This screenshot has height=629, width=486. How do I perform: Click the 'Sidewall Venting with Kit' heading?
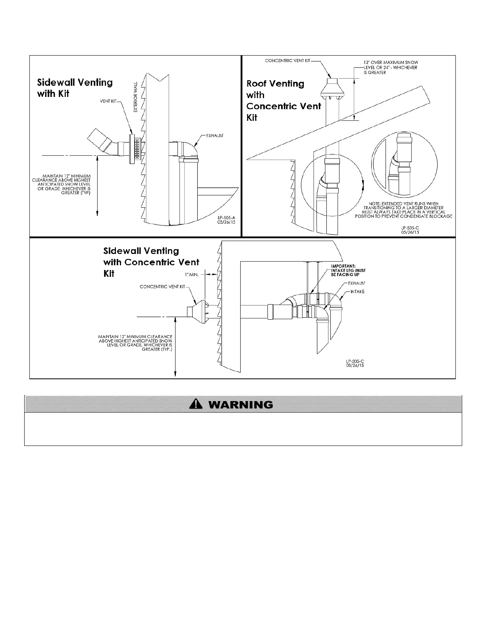(x=75, y=88)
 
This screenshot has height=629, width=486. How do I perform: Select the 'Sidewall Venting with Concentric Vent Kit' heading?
(x=151, y=262)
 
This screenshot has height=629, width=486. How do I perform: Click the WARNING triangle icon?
(x=196, y=404)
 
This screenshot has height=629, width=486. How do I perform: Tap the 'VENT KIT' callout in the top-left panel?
(x=108, y=102)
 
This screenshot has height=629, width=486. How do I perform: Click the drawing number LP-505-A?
(x=227, y=218)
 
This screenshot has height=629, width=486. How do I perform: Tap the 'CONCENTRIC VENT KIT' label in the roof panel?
(x=288, y=61)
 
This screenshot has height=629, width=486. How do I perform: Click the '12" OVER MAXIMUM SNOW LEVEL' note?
(x=391, y=67)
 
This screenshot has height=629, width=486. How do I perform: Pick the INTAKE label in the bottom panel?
(x=358, y=292)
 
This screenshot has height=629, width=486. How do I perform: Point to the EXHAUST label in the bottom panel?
(x=357, y=283)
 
